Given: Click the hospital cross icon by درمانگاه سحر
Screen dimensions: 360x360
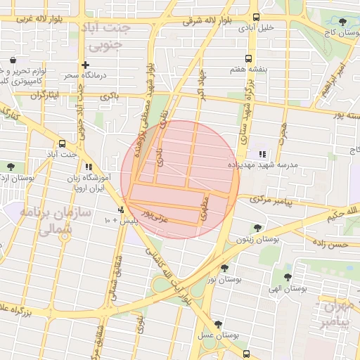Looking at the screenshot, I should coord(85,65).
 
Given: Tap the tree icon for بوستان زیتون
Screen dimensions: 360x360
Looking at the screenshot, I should coord(257,228).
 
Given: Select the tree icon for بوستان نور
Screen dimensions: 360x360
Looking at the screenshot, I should coord(224,268).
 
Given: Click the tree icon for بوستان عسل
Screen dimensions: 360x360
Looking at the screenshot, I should coord(219,325).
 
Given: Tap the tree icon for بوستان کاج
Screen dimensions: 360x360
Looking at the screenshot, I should coord(342,22).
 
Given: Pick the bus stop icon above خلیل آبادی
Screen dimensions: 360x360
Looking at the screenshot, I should coord(255,18).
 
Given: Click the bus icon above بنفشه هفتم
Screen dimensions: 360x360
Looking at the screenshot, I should coord(247,59).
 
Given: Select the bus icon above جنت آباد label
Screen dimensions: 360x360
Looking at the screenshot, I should coord(62,143).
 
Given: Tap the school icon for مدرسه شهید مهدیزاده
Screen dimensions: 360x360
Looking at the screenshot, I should coord(262,154).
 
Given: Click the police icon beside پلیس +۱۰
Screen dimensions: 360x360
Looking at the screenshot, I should coord(122,210).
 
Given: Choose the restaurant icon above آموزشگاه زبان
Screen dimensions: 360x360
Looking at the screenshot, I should coord(89,167).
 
